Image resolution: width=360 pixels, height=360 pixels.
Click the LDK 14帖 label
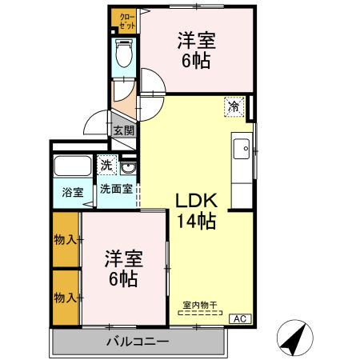(x=195, y=210)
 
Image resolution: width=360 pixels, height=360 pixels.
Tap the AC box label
(x=238, y=318)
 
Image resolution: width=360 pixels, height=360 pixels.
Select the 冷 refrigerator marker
(x=234, y=106)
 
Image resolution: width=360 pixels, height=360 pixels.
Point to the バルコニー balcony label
(x=137, y=342)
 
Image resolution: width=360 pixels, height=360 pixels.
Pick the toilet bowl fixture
(x=125, y=55)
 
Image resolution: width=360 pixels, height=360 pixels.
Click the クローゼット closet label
(x=126, y=20)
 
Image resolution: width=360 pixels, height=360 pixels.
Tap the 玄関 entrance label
(x=123, y=130)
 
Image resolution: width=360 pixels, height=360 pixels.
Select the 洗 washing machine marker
(x=107, y=166)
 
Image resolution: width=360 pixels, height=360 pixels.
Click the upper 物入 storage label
(x=65, y=240)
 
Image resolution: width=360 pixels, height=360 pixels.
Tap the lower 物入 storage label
(x=65, y=298)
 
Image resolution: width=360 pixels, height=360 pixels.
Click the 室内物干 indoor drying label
(x=199, y=304)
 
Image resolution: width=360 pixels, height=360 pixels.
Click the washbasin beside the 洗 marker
(x=129, y=167)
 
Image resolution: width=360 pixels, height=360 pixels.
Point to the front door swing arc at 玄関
(x=95, y=125)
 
